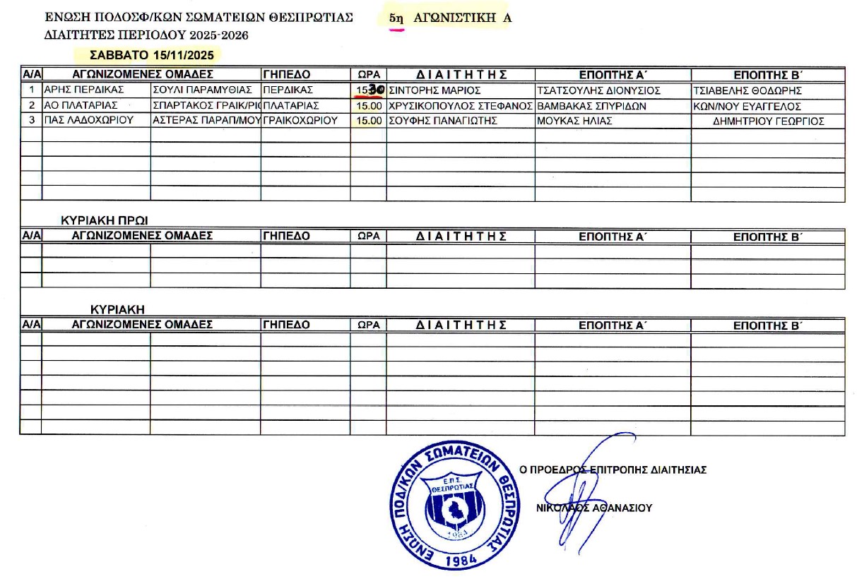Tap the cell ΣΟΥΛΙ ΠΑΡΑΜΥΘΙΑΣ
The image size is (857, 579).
pos(202,90)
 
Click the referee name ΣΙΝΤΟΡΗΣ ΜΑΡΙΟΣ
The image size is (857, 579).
pos(435,90)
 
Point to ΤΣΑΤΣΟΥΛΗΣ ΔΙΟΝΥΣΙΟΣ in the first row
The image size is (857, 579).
pos(599,90)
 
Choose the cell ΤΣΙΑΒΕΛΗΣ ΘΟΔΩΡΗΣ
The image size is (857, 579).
pos(748,90)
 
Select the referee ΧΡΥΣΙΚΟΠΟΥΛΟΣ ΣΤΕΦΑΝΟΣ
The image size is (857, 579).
pos(460,106)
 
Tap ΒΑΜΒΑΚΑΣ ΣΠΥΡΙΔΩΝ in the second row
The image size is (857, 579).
pos(592,106)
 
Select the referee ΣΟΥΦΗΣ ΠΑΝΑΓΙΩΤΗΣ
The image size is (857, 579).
pos(444,121)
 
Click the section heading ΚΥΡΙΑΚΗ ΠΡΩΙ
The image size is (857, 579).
pos(105,220)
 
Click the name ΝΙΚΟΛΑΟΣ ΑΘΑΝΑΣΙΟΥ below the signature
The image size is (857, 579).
pos(594,507)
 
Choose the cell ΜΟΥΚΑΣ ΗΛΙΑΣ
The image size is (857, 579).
pos(574,121)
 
